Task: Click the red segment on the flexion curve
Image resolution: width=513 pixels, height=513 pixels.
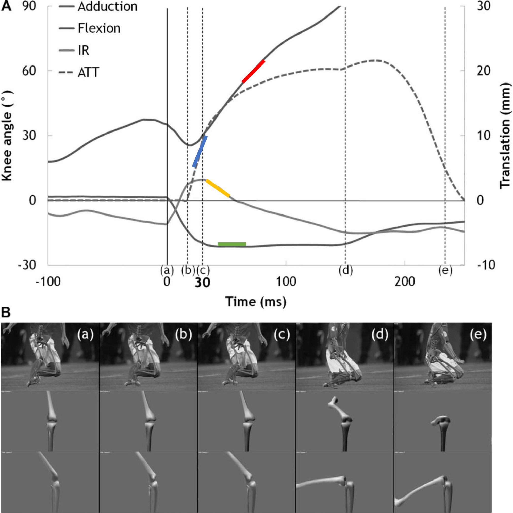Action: tap(253, 71)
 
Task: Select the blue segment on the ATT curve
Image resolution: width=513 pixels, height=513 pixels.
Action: tap(200, 152)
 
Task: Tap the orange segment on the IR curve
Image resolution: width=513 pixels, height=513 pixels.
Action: tap(218, 188)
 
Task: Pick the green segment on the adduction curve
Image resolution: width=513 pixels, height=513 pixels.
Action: tap(231, 244)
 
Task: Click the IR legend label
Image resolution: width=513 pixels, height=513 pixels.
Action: tap(83, 50)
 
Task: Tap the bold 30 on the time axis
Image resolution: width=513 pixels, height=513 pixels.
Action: tap(202, 283)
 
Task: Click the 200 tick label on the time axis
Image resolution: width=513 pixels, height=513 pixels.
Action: tap(404, 282)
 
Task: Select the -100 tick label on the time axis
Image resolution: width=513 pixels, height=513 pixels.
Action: tap(48, 282)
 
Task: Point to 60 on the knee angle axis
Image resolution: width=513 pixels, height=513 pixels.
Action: tap(29, 71)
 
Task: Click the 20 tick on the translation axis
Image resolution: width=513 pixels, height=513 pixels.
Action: tap(484, 71)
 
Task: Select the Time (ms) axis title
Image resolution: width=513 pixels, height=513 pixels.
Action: tap(256, 302)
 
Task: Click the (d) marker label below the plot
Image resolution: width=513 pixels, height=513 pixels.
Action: tap(345, 270)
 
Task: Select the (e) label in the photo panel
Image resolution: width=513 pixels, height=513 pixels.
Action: tap(478, 334)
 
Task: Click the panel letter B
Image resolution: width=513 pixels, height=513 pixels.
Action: tap(6, 312)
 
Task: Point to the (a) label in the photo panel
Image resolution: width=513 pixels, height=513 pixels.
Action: tap(85, 334)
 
